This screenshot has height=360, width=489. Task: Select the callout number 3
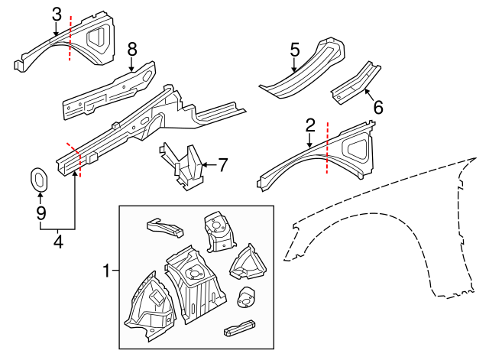(x=57, y=13)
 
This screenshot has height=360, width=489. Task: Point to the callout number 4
(x=57, y=243)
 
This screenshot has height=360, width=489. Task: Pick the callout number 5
(x=295, y=50)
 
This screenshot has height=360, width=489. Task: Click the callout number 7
(x=222, y=164)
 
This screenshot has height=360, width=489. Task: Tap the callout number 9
(x=40, y=212)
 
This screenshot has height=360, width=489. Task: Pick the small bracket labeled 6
(x=355, y=82)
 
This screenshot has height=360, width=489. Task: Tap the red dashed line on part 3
(x=70, y=38)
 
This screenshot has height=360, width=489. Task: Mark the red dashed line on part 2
(x=326, y=149)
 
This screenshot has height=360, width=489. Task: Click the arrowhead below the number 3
(x=57, y=33)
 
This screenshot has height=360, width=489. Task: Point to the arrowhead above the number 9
(x=40, y=196)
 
